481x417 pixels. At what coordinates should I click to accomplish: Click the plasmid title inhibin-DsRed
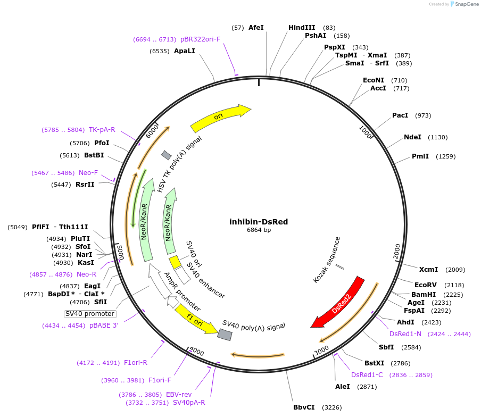coord(259,222)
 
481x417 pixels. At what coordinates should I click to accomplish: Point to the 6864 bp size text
coord(259,230)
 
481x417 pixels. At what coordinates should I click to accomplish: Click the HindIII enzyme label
coord(302,28)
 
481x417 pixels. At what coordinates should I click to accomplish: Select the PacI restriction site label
coord(400,115)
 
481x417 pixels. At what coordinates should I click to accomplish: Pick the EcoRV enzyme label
coord(425,285)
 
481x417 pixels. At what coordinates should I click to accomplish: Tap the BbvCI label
coord(304,407)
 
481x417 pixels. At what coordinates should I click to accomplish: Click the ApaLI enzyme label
coord(185,51)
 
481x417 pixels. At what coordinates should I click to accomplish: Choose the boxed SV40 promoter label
coord(90,314)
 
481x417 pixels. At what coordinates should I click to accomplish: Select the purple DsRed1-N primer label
coord(405,334)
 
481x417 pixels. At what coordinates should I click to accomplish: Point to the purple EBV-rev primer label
coord(179,395)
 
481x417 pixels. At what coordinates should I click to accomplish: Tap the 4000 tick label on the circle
coord(196,352)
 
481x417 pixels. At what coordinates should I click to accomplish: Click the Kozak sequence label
coord(327,260)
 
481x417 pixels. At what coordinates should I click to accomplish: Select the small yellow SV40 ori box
coord(175,262)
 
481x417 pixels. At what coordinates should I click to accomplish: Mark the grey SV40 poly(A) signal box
coord(225,334)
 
